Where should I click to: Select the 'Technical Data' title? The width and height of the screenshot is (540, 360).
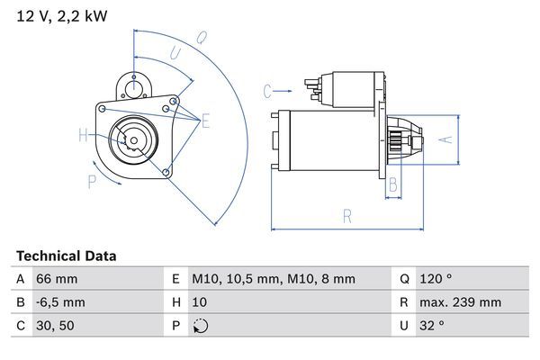click(66, 256)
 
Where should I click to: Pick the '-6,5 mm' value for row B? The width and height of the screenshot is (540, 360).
click(60, 303)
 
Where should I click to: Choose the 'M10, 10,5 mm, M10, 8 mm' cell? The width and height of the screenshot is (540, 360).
click(274, 280)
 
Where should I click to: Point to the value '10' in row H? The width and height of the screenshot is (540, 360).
click(200, 303)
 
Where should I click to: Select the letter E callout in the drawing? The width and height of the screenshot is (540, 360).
click(205, 121)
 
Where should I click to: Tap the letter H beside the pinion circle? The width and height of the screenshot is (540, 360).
click(83, 136)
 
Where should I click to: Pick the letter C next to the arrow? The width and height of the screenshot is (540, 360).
click(267, 90)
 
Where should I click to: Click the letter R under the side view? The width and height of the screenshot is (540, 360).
click(346, 216)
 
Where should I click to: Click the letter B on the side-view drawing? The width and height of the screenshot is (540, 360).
click(393, 184)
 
